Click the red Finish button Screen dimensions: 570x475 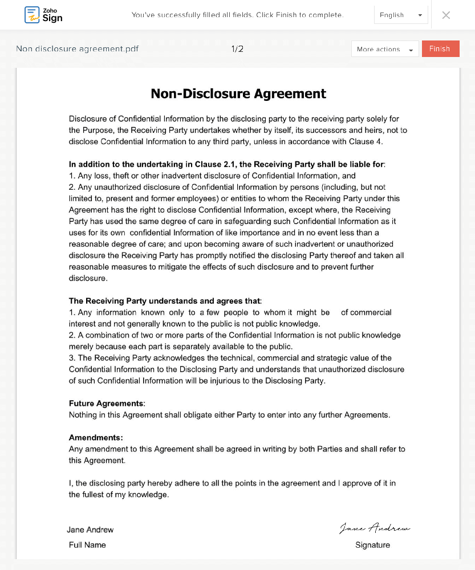[x=440, y=49]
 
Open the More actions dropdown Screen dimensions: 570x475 [x=385, y=50]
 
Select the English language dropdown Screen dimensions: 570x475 [x=400, y=15]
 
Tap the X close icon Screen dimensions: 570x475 [x=446, y=15]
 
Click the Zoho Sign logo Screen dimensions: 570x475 [x=43, y=15]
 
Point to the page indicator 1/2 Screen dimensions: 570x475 [x=237, y=49]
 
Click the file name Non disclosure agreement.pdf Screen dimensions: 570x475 [x=77, y=49]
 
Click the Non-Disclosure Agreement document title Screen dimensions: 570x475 [x=238, y=93]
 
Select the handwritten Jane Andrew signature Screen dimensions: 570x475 [x=374, y=528]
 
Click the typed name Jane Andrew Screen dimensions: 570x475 [x=90, y=530]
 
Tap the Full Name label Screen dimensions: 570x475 [x=87, y=545]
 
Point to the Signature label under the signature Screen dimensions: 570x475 [x=372, y=545]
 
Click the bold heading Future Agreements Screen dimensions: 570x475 [x=107, y=404]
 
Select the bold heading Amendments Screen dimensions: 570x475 [x=96, y=438]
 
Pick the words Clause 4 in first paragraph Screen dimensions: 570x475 [x=367, y=141]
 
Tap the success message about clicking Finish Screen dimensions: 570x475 [x=237, y=15]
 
